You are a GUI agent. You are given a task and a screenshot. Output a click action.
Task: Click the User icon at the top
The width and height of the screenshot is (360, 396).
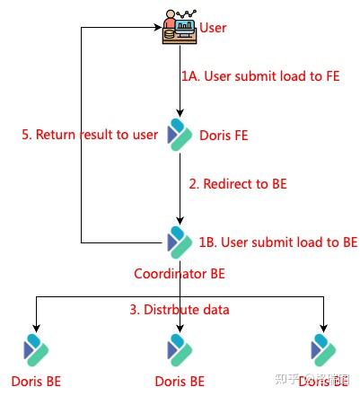[x=179, y=27]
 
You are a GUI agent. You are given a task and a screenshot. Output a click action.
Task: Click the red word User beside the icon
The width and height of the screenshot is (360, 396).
[x=213, y=28]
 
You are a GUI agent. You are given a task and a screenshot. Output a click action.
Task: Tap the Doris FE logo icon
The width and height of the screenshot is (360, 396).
[x=180, y=134]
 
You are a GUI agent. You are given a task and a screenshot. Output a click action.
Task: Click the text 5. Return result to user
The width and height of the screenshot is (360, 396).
[x=90, y=135]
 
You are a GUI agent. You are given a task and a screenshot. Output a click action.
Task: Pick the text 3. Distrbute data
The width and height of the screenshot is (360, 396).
[x=180, y=310]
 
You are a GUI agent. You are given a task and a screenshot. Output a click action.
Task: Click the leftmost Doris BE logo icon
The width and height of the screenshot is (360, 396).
[x=36, y=349]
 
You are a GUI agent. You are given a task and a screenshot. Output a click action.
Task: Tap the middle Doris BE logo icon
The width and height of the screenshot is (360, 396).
[x=180, y=349]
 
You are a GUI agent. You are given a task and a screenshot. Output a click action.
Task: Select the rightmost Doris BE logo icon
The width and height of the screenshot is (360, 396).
[x=323, y=349]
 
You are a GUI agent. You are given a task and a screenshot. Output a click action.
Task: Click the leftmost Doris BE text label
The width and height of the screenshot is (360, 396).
[x=36, y=381]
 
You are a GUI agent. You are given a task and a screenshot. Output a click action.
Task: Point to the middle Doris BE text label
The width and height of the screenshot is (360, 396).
[x=180, y=381]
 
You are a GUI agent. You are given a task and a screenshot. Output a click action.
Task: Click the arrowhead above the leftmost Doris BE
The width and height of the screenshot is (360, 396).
[x=36, y=327]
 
